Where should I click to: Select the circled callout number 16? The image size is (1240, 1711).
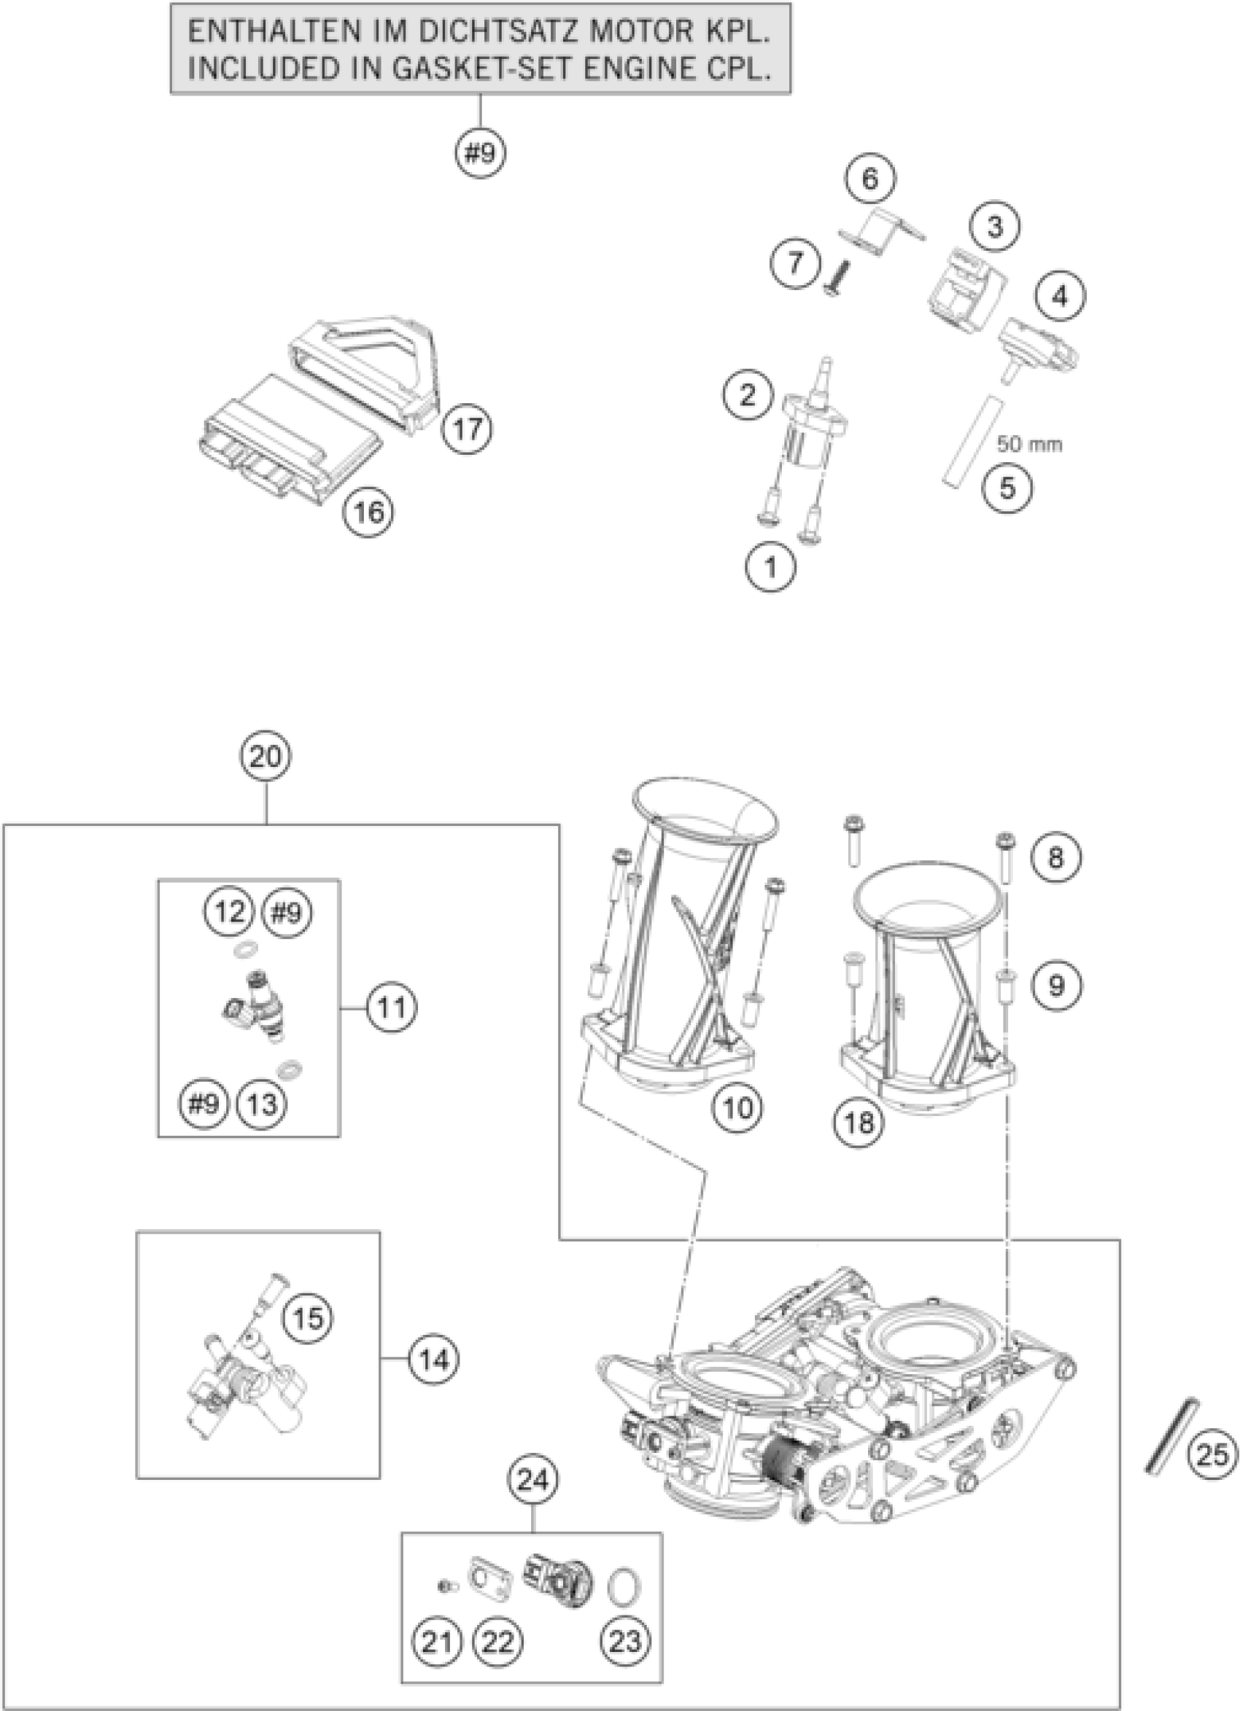point(369,512)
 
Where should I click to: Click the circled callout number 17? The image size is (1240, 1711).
point(467,429)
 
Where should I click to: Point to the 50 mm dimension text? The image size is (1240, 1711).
point(1028,445)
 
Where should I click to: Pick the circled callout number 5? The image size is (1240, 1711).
point(1007,488)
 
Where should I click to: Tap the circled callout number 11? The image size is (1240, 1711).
point(392,1007)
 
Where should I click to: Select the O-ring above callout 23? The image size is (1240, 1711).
point(625,1583)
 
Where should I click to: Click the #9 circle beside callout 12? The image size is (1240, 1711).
point(287,913)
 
